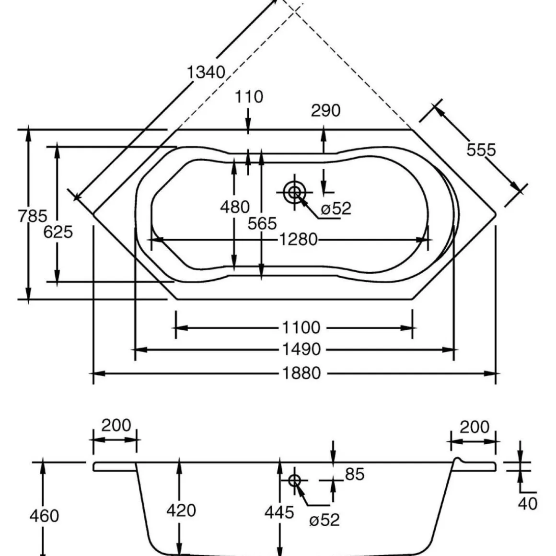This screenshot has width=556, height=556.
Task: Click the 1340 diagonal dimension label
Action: [206, 72]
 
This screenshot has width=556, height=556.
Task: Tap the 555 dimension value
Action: [481, 150]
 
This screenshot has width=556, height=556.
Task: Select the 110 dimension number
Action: [249, 97]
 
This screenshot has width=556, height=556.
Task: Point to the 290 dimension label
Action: [325, 111]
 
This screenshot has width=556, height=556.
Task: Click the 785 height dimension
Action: [33, 216]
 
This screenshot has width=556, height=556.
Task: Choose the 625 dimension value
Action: [58, 232]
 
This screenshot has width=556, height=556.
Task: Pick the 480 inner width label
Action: [234, 207]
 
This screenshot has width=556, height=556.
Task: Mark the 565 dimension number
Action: [262, 223]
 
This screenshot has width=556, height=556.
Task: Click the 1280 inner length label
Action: [299, 239]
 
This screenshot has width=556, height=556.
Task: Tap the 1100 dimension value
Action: [301, 328]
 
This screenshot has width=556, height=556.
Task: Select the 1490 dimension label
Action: [301, 350]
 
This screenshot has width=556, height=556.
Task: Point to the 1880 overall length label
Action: [301, 373]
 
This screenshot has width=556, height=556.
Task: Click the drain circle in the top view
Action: [294, 192]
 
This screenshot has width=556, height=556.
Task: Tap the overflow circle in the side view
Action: [294, 480]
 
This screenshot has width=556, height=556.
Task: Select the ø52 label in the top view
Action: [336, 208]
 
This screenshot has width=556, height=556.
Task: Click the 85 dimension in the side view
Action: [354, 474]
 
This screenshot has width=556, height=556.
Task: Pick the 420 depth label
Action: [181, 510]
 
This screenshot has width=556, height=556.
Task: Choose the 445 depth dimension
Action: [279, 512]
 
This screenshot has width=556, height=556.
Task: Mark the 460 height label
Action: [44, 516]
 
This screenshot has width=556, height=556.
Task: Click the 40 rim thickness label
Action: [528, 504]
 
